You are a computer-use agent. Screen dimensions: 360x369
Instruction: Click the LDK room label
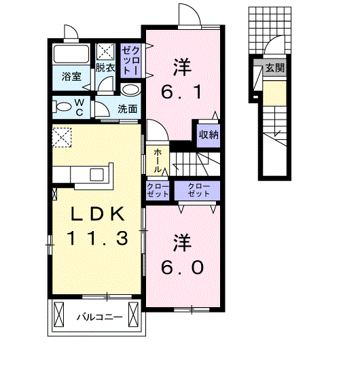(98, 214)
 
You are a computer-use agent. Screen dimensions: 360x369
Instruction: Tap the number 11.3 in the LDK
(98, 238)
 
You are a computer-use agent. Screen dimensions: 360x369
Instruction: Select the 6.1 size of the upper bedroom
(181, 92)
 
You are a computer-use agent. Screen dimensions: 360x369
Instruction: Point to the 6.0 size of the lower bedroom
(182, 268)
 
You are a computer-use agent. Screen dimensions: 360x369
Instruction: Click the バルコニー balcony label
(100, 317)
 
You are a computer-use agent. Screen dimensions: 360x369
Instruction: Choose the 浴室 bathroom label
(71, 77)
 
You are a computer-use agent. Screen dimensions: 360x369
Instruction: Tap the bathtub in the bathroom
(71, 54)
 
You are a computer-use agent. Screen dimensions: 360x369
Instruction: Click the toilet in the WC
(62, 107)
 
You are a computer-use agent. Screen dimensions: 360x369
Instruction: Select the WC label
(79, 107)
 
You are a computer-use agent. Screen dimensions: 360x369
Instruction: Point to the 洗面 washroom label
(127, 109)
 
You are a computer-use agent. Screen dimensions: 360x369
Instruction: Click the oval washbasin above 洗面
(130, 90)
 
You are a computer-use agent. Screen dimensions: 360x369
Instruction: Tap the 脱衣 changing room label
(105, 68)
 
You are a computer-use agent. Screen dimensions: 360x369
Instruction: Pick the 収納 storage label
(209, 135)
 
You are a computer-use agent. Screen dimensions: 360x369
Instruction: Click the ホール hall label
(158, 161)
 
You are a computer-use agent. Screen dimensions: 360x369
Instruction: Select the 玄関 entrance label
(275, 68)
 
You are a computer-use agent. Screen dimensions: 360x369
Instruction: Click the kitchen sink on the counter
(97, 175)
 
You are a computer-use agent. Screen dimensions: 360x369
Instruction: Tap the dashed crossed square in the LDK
(62, 138)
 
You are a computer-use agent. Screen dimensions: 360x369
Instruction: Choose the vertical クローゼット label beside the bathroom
(130, 60)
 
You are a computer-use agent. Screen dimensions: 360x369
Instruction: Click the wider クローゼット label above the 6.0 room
(199, 190)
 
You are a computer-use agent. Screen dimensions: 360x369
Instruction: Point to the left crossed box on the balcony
(59, 315)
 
